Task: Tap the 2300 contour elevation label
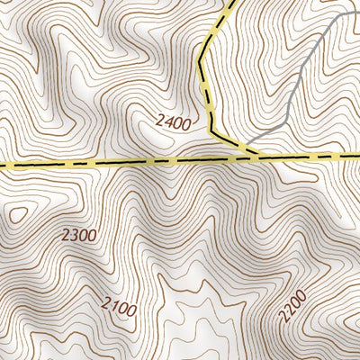[79, 236]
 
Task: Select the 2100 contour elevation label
[119, 309]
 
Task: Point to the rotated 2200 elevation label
[293, 306]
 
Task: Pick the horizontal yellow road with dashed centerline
[108, 163]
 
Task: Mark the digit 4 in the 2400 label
[166, 123]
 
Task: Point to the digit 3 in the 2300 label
[74, 236]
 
